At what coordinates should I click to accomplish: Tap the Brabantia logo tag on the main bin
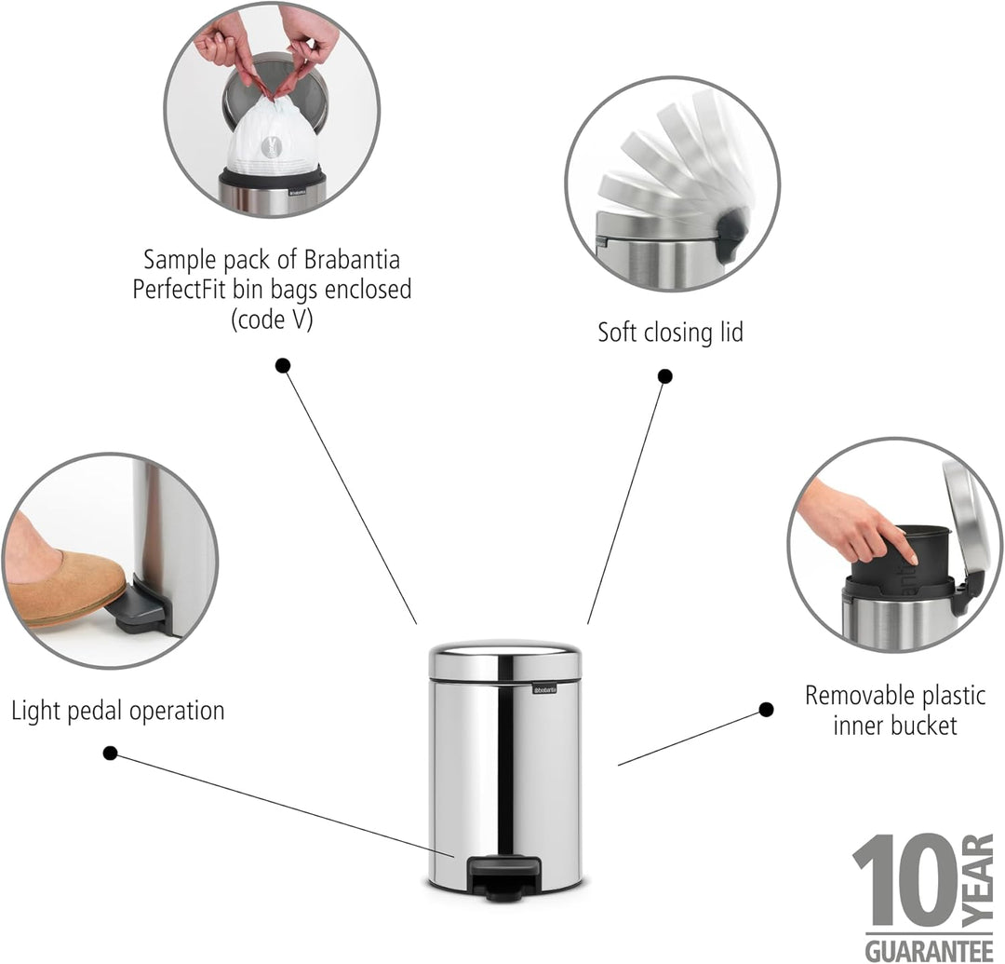(544, 689)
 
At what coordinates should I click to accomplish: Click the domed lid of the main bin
(505, 659)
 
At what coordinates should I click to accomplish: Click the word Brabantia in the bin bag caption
(352, 260)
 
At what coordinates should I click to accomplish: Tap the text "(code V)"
(272, 319)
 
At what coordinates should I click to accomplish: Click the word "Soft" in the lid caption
(618, 333)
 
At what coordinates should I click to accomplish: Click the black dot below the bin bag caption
(283, 366)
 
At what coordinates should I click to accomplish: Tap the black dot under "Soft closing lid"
(664, 376)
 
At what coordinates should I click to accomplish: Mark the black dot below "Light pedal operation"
(110, 753)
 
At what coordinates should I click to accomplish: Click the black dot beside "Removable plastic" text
(766, 710)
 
